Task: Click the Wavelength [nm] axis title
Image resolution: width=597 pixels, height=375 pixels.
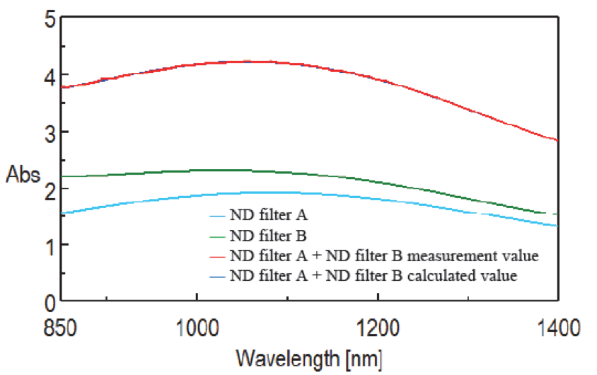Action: tap(309, 359)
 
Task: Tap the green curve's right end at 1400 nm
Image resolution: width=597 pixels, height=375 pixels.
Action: tap(557, 214)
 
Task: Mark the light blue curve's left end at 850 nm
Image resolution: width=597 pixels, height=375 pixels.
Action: tap(62, 213)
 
